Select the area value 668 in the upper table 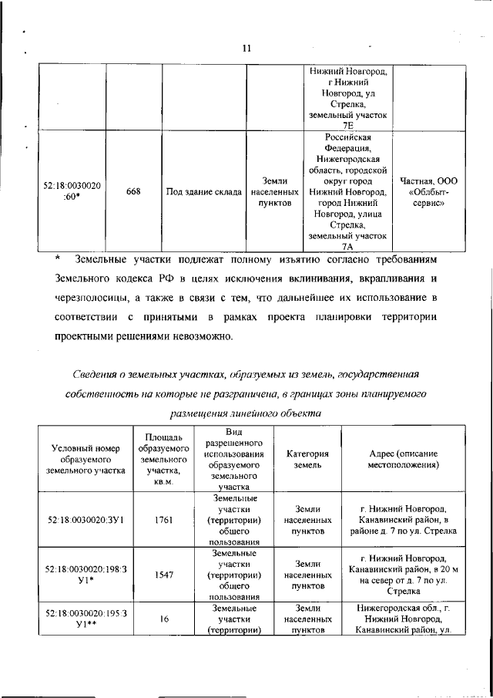[133, 193]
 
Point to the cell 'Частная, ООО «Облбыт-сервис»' [429, 193]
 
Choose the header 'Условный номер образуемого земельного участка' [85, 460]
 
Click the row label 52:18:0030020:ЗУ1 [85, 520]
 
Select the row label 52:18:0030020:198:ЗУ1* [85, 575]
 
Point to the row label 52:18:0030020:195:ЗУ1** [85, 619]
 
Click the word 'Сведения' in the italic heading [95, 375]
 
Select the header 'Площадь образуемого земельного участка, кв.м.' [163, 460]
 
